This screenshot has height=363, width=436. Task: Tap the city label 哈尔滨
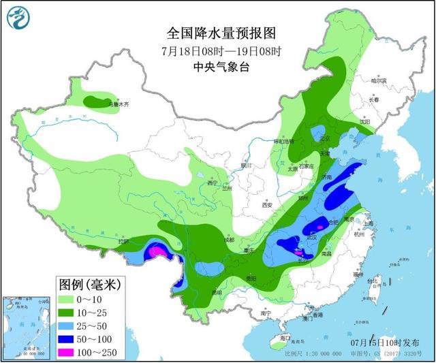point(378,80)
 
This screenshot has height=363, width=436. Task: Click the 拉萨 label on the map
point(123,242)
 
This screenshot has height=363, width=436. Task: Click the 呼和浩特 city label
point(282,142)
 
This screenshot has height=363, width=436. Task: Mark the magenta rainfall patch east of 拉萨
point(157,253)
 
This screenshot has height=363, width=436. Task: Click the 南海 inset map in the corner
point(27,326)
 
